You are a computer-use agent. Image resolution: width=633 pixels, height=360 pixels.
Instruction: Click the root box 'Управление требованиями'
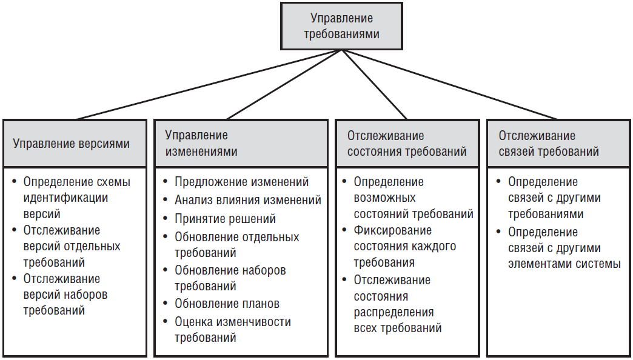click(341, 26)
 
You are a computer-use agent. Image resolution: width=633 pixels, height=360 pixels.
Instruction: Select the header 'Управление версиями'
click(72, 144)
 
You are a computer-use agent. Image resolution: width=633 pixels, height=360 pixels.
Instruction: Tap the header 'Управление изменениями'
click(202, 143)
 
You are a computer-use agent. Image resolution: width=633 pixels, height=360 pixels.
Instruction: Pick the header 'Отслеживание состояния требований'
click(406, 144)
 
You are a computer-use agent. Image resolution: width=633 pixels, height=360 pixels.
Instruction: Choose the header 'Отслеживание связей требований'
click(549, 144)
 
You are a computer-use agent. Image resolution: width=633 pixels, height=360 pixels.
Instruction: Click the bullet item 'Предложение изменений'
click(241, 182)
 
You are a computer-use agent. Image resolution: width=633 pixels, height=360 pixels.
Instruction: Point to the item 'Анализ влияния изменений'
click(247, 200)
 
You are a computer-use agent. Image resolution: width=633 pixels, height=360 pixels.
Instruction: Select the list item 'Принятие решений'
click(225, 219)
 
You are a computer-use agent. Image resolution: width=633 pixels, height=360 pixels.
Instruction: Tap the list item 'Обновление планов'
click(227, 304)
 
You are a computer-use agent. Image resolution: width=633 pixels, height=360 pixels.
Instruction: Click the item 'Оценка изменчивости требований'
click(232, 330)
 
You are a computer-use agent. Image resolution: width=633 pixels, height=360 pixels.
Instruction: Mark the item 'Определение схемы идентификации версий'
click(76, 198)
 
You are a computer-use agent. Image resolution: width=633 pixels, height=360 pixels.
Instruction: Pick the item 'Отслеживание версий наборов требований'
click(65, 295)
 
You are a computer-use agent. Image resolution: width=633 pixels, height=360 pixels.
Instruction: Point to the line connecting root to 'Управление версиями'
click(206, 85)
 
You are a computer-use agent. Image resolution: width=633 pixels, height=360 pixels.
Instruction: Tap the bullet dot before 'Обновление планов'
click(166, 304)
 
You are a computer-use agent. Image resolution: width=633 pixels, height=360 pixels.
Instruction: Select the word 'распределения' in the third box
click(394, 312)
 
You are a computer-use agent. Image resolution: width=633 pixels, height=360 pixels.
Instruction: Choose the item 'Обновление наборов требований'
click(230, 278)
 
